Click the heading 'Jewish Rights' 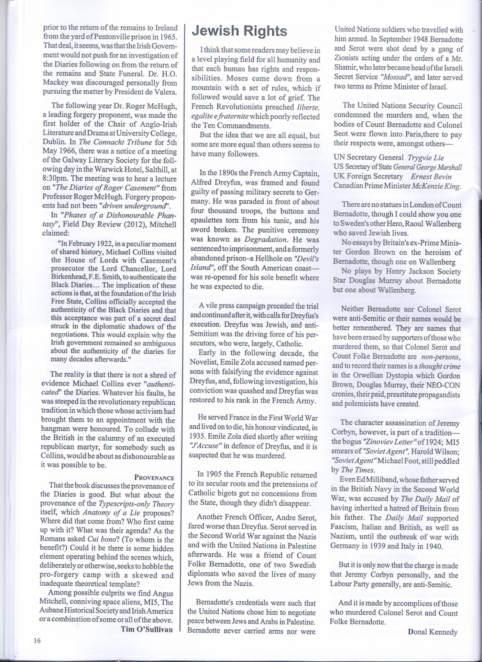coord(239,31)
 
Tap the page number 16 coord(36,641)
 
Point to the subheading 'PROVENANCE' coord(154,478)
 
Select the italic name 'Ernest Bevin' coord(431,177)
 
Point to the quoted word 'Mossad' coord(399,77)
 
